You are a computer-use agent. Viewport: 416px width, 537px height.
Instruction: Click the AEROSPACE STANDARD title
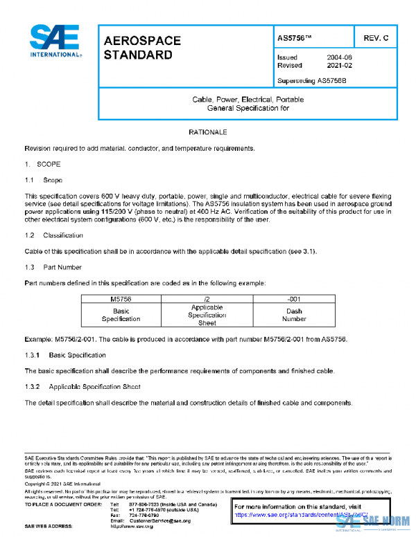pos(142,48)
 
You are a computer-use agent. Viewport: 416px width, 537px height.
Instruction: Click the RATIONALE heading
pos(207,131)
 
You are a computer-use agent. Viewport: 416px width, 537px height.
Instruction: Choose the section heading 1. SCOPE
pos(43,165)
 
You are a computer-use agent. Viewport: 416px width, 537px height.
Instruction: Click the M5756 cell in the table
pos(121,298)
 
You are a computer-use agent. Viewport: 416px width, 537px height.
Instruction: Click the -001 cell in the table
pos(294,298)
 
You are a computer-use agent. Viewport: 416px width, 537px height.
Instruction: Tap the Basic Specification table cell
pos(121,315)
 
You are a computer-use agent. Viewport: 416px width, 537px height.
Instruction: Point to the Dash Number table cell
pos(294,315)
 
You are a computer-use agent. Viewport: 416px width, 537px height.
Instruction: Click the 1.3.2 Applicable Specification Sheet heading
pos(83,385)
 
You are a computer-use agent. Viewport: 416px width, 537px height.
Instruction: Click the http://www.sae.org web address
pos(132,527)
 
